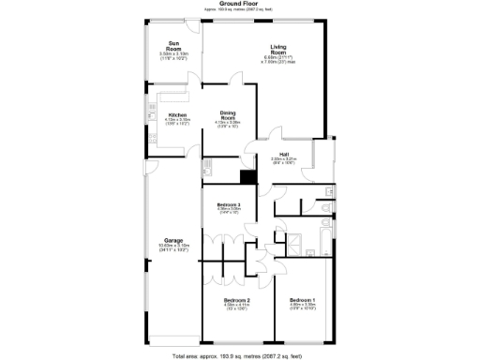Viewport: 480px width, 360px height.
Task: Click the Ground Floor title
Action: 239,3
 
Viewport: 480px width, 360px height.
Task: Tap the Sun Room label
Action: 173,43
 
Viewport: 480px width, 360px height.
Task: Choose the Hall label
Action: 283,154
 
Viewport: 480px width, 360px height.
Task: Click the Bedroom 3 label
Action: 230,204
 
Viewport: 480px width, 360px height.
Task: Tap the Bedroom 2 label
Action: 235,299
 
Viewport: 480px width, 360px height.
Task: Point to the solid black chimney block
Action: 248,178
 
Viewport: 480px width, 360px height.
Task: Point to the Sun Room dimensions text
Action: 173,55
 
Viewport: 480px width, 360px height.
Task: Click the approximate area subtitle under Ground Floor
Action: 239,9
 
